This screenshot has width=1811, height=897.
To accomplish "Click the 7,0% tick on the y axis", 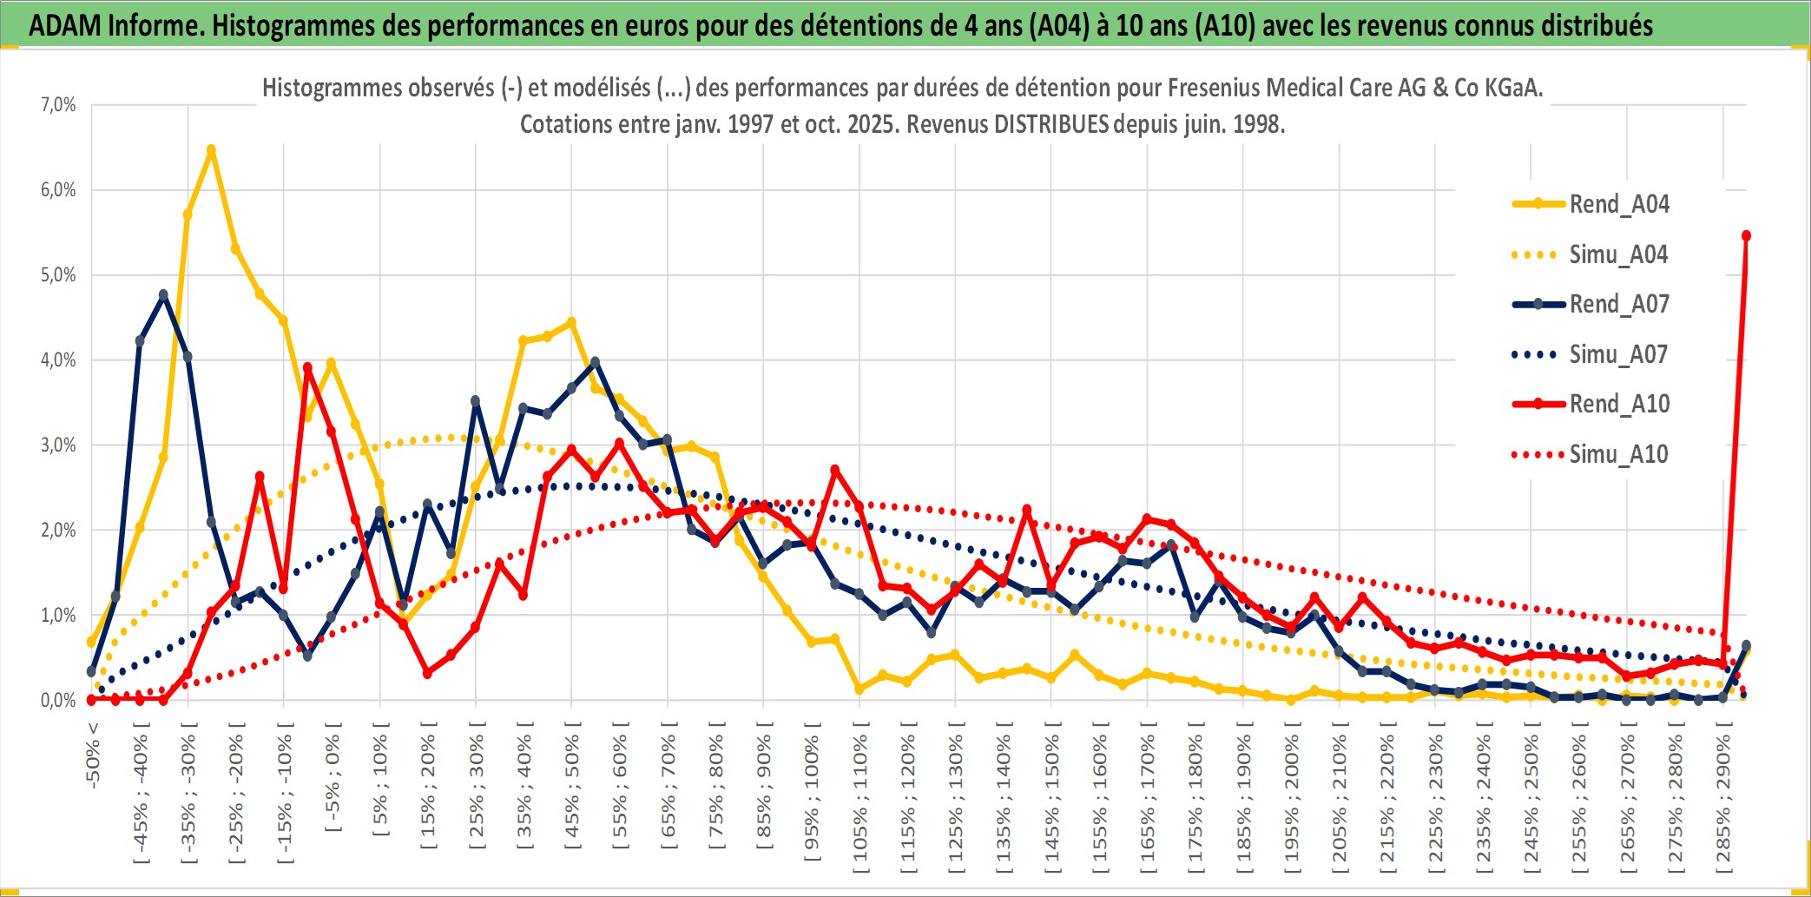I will (x=58, y=105).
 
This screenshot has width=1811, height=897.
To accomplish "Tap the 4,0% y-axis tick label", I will (x=58, y=360).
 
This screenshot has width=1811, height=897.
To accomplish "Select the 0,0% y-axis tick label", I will (x=58, y=701).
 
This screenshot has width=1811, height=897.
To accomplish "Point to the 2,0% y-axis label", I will (x=58, y=531).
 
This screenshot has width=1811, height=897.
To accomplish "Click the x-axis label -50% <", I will (x=93, y=755).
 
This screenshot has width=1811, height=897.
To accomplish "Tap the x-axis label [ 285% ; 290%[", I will (x=1723, y=799).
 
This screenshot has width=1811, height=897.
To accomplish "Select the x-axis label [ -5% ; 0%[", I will (x=333, y=777).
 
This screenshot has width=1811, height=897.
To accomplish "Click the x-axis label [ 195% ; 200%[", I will (x=1292, y=799).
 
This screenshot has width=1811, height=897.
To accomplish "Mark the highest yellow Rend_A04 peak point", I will (x=211, y=150).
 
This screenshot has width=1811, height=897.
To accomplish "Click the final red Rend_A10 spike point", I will (x=1746, y=236).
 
